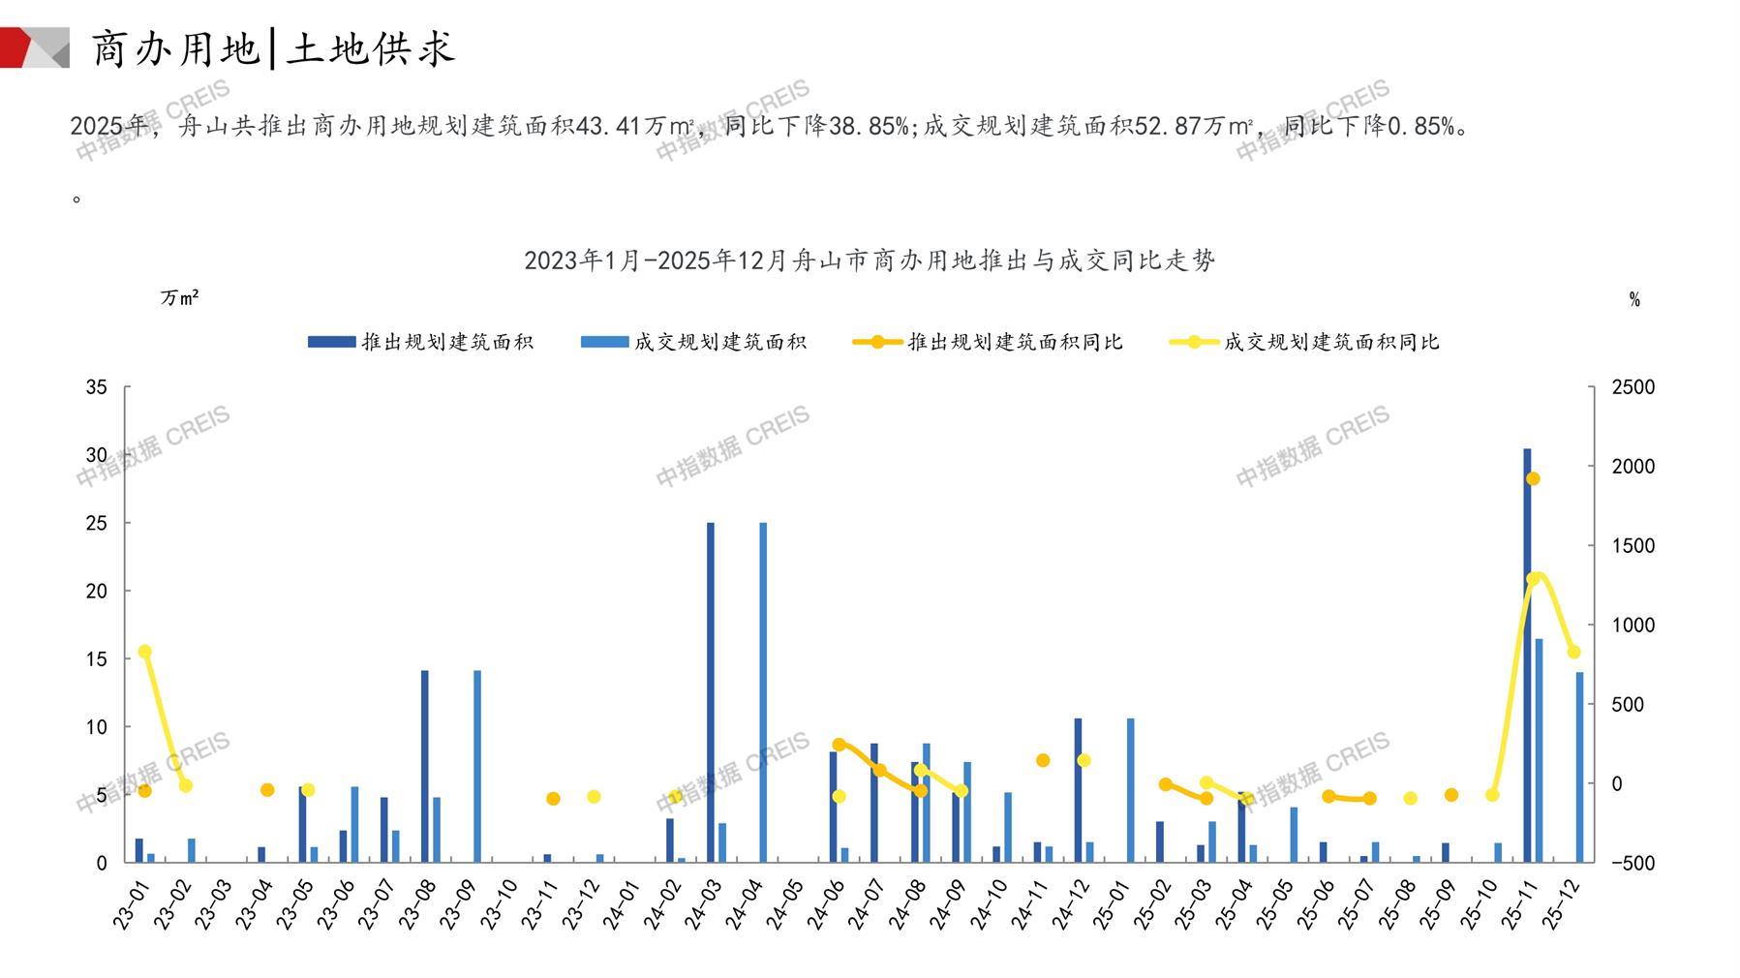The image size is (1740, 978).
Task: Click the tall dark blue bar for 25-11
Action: [1527, 655]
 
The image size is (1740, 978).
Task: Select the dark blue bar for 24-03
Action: [711, 692]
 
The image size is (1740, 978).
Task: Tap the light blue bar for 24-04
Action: [763, 692]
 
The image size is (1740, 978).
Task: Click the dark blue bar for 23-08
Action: [425, 766]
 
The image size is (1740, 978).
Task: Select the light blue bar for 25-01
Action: [1130, 790]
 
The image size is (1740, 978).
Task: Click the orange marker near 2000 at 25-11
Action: [1533, 478]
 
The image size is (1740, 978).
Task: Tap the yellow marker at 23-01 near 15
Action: [145, 652]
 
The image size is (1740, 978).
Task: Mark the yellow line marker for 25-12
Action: [1573, 653]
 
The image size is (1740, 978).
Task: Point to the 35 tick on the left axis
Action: [97, 387]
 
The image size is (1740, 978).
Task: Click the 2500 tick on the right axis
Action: [1633, 387]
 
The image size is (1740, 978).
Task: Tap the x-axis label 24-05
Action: [785, 904]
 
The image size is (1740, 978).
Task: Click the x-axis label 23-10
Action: [500, 904]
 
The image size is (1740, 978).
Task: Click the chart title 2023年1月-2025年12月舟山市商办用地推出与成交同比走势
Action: [869, 260]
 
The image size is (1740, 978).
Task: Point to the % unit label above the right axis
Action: [1634, 300]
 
